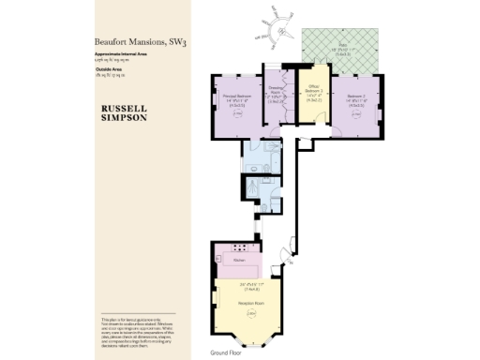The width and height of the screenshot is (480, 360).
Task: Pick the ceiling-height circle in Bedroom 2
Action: [356, 118]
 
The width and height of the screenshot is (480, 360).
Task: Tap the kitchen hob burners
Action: [243, 248]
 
